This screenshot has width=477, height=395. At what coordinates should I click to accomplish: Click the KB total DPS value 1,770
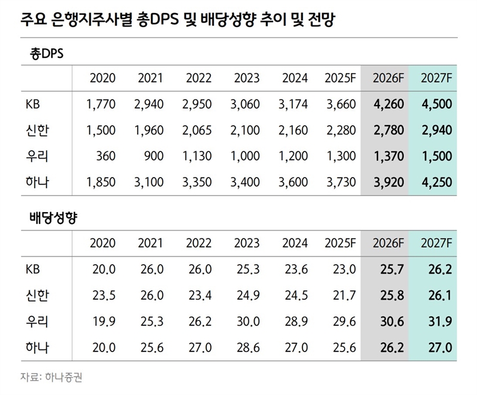101,105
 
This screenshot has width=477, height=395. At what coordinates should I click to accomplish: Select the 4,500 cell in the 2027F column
435,105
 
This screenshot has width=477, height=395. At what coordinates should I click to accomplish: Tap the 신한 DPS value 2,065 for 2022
199,130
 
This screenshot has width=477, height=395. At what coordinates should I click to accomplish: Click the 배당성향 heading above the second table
54,218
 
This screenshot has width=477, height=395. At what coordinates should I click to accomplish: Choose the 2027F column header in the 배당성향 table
435,244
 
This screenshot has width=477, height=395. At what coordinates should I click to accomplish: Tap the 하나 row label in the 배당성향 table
38,348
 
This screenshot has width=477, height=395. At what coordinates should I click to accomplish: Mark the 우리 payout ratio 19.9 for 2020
103,322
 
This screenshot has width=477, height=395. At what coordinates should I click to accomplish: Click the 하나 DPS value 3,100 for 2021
150,182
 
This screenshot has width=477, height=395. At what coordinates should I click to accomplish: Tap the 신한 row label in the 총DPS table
38,130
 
